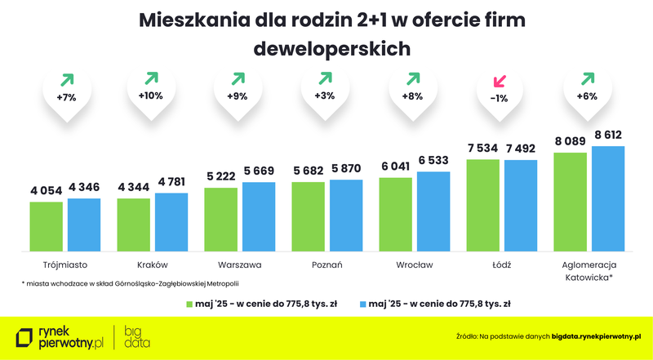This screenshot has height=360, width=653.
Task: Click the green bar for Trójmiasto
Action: click(x=47, y=226)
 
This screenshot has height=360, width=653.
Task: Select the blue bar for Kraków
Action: click(x=171, y=221)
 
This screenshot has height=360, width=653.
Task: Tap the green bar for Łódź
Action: click(x=482, y=205)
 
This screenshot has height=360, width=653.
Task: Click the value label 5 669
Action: click(x=259, y=170)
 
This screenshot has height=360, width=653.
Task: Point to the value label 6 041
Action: click(x=395, y=165)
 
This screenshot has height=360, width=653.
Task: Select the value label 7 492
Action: click(x=521, y=148)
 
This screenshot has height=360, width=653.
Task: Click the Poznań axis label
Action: click(x=326, y=265)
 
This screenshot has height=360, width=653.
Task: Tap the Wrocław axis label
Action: click(x=414, y=265)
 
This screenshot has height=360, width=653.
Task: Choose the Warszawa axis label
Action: click(x=239, y=265)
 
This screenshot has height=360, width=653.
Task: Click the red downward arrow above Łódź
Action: click(x=500, y=81)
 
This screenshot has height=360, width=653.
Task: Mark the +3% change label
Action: click(x=325, y=96)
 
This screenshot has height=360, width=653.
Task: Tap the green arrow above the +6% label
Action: click(x=587, y=79)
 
